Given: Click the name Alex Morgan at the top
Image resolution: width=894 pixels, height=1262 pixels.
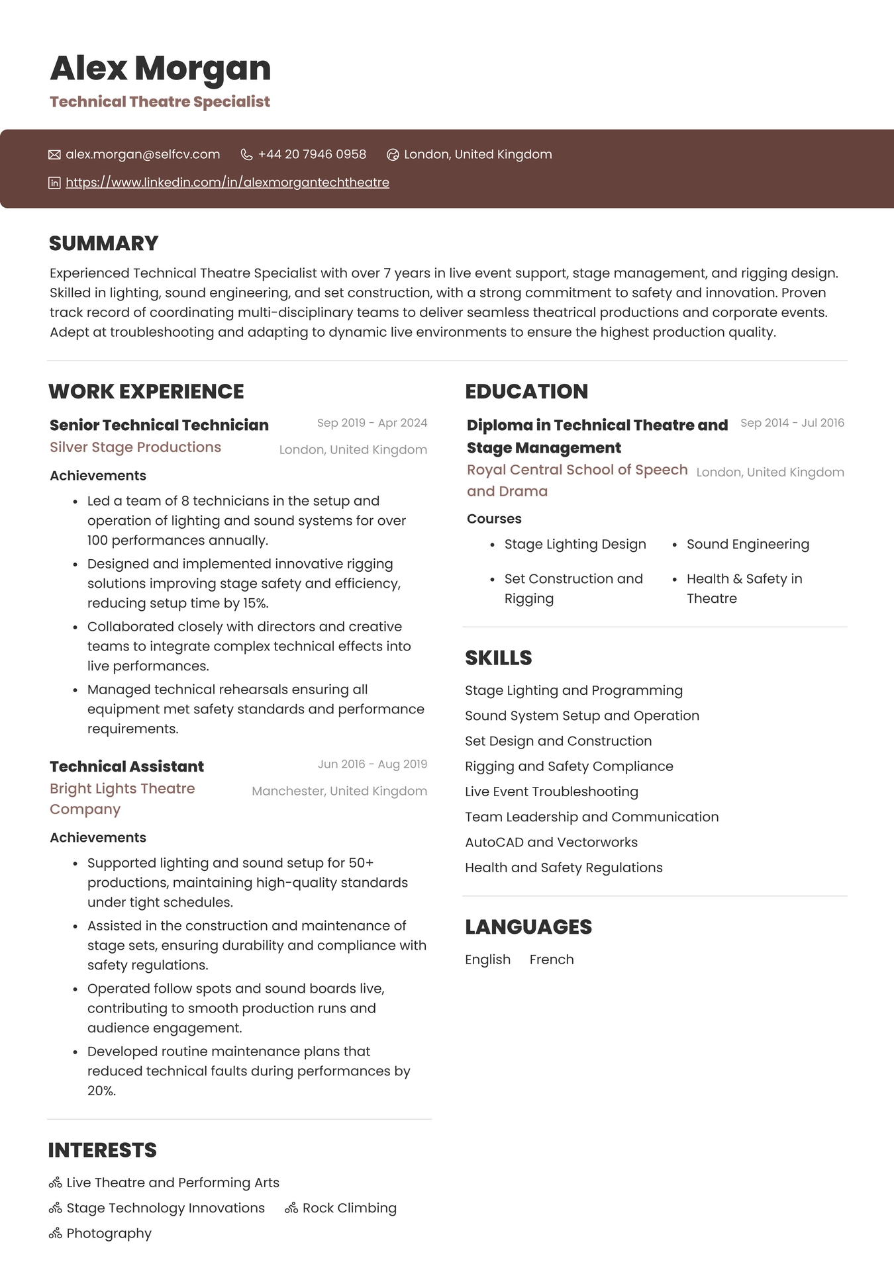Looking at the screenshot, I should tap(160, 69).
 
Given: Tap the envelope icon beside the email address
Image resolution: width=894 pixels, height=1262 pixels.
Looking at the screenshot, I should tap(54, 155).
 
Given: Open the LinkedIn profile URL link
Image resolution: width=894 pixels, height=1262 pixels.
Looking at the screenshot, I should tap(227, 183).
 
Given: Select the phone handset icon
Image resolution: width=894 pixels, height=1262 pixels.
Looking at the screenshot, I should tap(246, 155).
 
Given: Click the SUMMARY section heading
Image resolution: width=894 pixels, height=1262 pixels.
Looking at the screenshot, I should tap(104, 244).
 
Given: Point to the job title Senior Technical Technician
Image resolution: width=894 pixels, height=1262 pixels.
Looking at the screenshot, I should tap(159, 425).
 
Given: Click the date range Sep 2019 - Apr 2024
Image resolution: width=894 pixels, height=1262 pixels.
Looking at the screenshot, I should tap(372, 423).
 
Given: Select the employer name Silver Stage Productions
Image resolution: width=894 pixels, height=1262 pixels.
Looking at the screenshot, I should tap(135, 447).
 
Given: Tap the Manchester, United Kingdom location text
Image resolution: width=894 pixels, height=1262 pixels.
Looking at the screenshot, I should tap(339, 791).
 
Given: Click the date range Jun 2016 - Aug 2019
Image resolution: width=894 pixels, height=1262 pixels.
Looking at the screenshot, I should tap(372, 764).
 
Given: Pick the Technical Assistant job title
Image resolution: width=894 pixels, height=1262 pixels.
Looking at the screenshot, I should tap(126, 766).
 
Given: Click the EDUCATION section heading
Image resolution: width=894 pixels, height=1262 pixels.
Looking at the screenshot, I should tap(526, 392).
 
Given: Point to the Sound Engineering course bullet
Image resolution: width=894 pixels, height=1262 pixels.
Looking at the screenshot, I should tap(747, 545).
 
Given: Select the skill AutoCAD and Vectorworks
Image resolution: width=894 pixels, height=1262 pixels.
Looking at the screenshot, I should tap(551, 842).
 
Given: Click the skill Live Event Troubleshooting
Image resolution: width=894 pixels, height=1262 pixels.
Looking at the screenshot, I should tap(551, 792).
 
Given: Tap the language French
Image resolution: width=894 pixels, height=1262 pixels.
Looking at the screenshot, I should tap(552, 960).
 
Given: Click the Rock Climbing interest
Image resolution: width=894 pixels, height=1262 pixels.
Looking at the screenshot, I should tap(349, 1208).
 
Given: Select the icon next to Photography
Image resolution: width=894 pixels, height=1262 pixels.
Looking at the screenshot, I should tap(56, 1234).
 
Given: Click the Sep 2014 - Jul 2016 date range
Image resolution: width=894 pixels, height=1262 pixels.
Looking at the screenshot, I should tap(792, 423).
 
